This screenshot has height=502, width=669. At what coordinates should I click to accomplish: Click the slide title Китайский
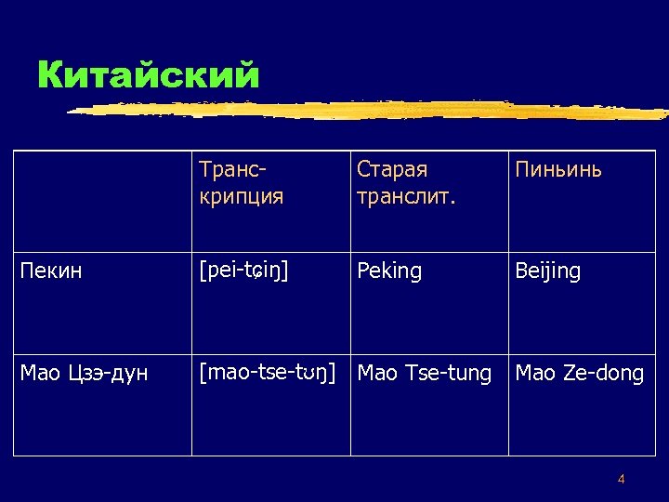coord(148,74)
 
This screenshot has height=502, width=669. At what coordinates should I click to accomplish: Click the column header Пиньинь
coord(558,169)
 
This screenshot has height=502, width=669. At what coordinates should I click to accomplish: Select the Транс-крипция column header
coord(241,183)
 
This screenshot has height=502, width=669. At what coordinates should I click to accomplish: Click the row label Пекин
coord(51,271)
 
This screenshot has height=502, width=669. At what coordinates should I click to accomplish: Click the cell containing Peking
coord(389,271)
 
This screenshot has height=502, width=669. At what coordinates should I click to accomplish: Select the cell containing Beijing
coord(548,271)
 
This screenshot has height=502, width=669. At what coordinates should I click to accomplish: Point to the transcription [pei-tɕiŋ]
coord(244,271)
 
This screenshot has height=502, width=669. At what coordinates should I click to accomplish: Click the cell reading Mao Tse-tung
coord(425,374)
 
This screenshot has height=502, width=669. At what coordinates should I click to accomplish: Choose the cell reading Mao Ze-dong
coord(579,374)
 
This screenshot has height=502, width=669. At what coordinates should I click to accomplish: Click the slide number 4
coord(621,480)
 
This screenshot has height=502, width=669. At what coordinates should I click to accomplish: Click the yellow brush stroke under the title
coord(372,110)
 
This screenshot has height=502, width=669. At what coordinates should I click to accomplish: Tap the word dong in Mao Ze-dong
coord(620,374)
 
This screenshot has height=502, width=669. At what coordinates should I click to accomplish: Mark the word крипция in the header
coord(241,197)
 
